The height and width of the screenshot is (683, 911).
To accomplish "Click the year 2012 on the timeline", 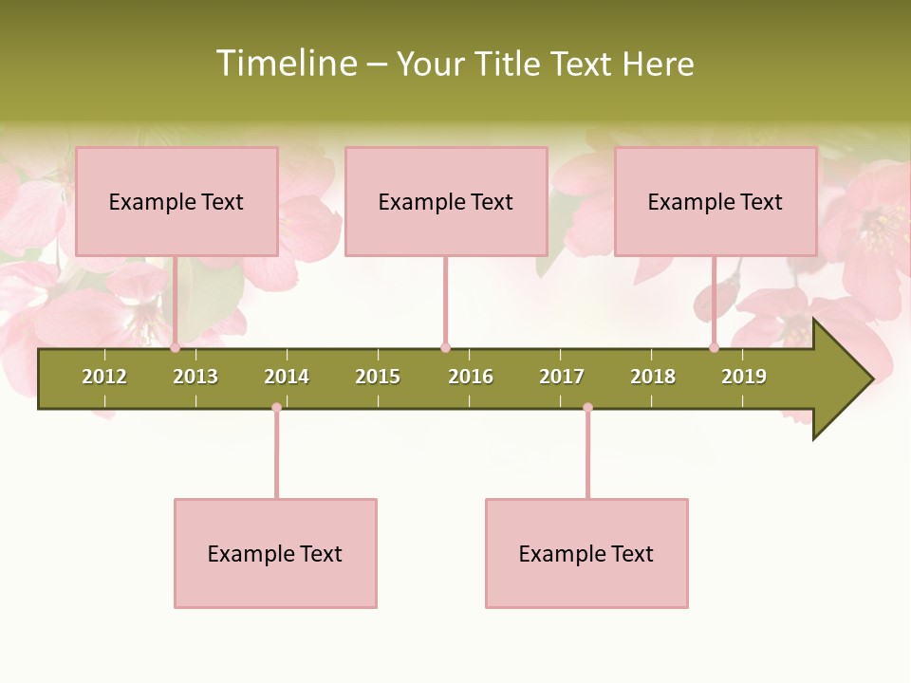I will [x=104, y=377].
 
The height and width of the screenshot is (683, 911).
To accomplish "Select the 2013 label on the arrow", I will [x=195, y=377].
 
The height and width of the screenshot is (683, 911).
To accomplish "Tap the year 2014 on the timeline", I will [x=287, y=377].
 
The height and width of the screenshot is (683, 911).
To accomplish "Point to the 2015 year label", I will [x=378, y=377].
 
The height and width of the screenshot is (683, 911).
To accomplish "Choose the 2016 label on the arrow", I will [x=471, y=377].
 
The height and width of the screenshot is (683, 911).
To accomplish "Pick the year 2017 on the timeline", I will [x=562, y=377].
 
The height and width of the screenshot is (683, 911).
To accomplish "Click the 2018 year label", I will [x=653, y=377].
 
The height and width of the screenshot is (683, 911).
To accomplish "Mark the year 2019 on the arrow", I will [x=744, y=377].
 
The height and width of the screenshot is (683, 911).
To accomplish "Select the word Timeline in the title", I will [x=285, y=64].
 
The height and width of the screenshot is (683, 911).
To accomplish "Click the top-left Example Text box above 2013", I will [x=177, y=201].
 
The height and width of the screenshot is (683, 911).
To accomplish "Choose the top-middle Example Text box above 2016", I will [x=446, y=201].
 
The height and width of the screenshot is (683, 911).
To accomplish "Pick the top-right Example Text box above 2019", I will [x=716, y=201].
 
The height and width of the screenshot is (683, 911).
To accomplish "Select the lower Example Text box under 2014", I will [x=275, y=553].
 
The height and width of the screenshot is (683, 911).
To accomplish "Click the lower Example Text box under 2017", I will [x=586, y=553].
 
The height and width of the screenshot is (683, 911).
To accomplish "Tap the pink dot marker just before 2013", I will [x=176, y=348].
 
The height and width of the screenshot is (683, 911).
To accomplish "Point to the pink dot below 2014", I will [x=276, y=408].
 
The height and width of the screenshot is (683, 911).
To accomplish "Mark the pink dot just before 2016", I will [x=445, y=348].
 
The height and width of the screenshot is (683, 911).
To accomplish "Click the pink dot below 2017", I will [x=587, y=408].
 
